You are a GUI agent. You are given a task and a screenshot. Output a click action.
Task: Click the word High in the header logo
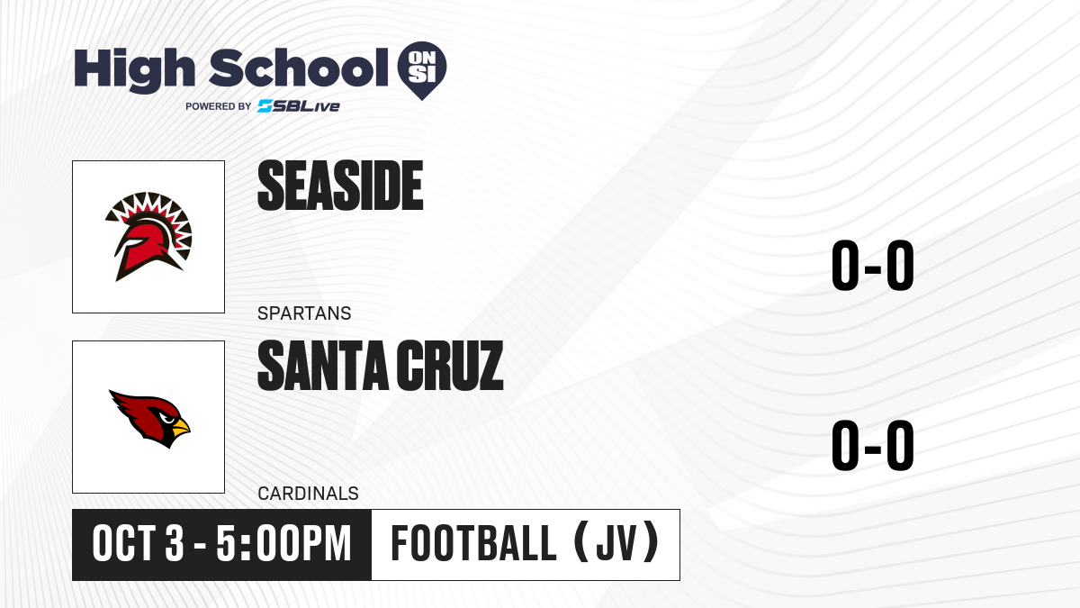click(x=134, y=70)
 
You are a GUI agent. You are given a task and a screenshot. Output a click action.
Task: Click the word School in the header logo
click(x=299, y=68)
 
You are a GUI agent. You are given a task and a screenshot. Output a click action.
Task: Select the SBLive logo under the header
click(x=299, y=105)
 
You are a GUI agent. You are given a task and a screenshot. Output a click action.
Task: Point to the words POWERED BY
click(x=219, y=106)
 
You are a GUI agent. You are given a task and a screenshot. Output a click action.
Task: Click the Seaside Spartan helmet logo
click(x=148, y=236)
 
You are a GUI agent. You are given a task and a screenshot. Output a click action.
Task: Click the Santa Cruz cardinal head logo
click(x=149, y=418)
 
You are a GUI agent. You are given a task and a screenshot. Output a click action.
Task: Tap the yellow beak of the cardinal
click(x=181, y=427)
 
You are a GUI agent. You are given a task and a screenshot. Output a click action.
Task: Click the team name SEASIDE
click(x=340, y=186)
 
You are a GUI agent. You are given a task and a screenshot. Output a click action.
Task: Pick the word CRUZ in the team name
click(x=450, y=366)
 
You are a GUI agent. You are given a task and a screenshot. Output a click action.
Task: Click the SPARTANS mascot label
click(x=304, y=313)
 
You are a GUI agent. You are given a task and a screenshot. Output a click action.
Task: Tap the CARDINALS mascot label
click(x=308, y=494)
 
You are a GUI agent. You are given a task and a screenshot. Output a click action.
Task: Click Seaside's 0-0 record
click(x=873, y=266)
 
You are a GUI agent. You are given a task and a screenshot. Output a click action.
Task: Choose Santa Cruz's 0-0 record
click(x=873, y=445)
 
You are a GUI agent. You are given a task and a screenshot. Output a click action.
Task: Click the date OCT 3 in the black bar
click(x=138, y=543)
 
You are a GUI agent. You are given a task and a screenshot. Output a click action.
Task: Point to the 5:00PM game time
click(x=283, y=543)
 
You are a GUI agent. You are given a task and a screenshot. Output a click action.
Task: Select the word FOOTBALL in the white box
click(x=474, y=543)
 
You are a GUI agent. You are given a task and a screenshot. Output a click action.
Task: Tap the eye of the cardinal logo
click(x=166, y=418)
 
